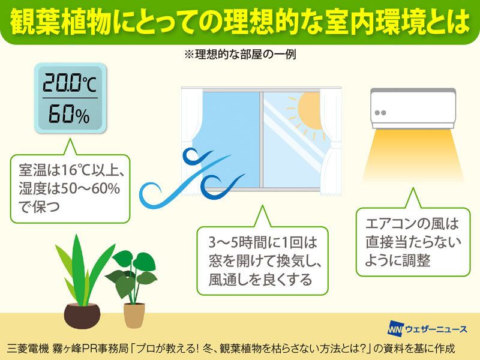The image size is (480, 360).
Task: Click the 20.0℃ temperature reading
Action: (x=70, y=83)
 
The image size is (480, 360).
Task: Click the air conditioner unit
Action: (x=413, y=109)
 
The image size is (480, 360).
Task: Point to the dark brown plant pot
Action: (x=82, y=316)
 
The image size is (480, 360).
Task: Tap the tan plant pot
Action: (x=134, y=316)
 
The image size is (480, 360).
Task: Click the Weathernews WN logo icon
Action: (x=395, y=328)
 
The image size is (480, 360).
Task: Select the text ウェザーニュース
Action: (x=436, y=329)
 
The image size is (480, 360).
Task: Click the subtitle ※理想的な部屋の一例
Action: (x=239, y=55)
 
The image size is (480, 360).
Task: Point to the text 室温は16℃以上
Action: (x=71, y=170)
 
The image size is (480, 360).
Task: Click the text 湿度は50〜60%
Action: (x=69, y=188)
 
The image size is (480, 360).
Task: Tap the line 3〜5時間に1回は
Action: (x=263, y=242)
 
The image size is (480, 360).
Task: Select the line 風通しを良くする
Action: (x=260, y=280)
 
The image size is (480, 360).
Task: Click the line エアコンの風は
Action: (x=412, y=224)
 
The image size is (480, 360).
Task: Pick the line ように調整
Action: (x=398, y=260)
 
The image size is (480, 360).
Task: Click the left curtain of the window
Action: (x=192, y=142)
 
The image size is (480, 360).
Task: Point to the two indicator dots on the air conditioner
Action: (x=380, y=113)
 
